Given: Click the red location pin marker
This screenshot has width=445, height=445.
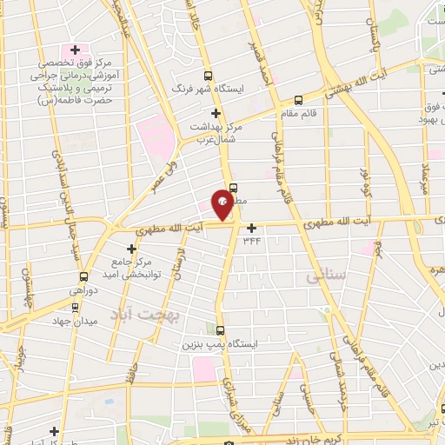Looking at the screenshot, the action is click(222, 203).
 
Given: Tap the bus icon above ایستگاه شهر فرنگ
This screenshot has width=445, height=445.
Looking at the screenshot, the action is click(208, 76).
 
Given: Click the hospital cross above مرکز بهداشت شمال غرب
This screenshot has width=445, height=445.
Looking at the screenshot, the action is click(216, 113).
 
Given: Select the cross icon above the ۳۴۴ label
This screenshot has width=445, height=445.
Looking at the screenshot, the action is click(252, 228).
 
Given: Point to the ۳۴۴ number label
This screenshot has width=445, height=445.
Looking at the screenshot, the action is click(252, 240).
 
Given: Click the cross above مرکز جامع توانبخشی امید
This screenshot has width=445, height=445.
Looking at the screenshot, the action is click(130, 249).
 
